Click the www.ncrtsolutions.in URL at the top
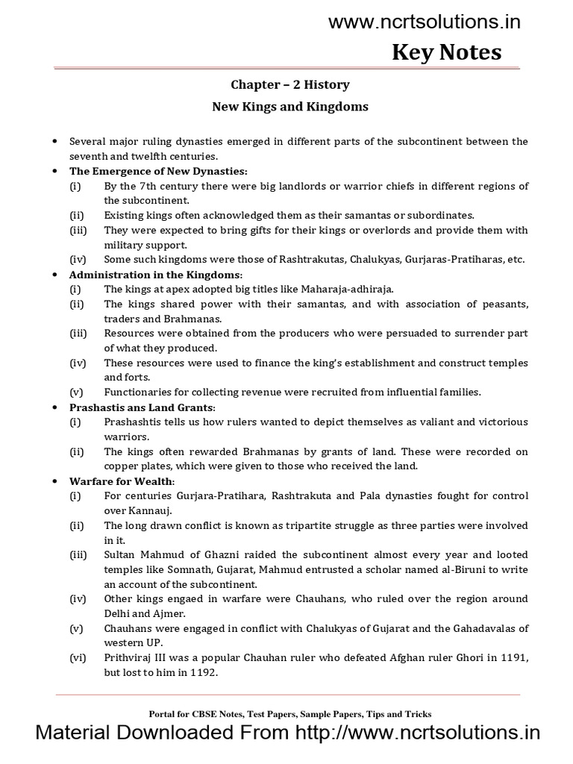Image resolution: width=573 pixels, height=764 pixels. [425, 22]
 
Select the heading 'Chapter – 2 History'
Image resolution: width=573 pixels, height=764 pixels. [291, 84]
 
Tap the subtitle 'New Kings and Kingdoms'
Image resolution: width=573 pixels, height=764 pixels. [291, 106]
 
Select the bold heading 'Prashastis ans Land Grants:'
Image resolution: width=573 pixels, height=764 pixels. [142, 407]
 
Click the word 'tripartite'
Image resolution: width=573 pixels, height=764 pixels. [307, 525]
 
